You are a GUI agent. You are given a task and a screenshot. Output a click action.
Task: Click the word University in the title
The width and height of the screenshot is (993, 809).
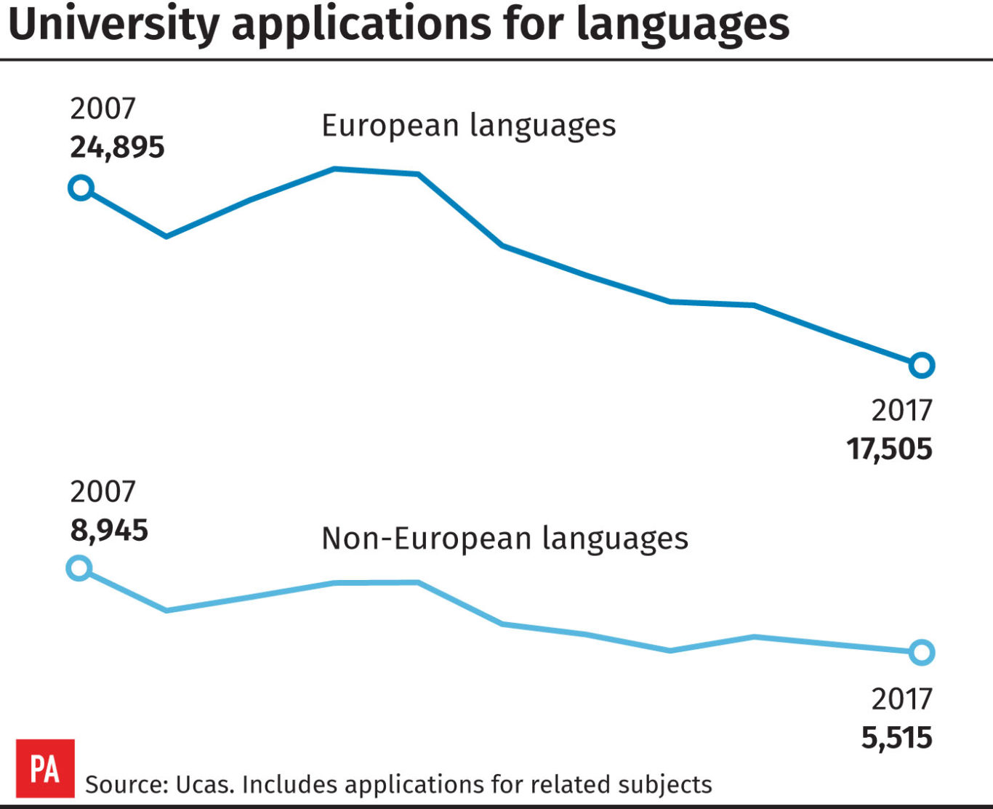click(x=113, y=24)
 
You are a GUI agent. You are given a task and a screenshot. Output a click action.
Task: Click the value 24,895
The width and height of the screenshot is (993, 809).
click(x=117, y=148)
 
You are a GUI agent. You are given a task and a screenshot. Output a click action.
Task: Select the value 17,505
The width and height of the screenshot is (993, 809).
click(x=888, y=449)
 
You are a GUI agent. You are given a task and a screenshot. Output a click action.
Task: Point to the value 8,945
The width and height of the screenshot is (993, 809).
click(x=109, y=531)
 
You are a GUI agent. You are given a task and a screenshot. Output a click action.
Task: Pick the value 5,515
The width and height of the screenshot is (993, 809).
click(x=896, y=738)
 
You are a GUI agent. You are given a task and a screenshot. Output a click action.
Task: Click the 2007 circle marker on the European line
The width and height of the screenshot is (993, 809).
click(x=81, y=188)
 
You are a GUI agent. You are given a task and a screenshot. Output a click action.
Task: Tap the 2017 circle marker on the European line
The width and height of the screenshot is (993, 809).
click(x=921, y=365)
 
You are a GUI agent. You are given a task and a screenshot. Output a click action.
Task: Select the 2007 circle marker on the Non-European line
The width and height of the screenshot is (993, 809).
click(x=79, y=568)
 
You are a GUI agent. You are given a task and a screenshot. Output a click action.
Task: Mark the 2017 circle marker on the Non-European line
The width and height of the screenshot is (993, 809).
click(x=921, y=653)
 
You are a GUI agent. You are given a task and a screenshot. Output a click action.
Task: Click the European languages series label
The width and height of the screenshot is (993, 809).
click(x=469, y=126)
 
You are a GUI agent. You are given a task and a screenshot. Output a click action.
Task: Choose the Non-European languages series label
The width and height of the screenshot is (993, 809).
click(x=504, y=539)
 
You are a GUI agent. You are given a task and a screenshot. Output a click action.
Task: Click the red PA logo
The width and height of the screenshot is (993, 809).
click(x=45, y=768)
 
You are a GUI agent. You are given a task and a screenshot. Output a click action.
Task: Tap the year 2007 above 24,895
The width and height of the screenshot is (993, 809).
click(x=102, y=109)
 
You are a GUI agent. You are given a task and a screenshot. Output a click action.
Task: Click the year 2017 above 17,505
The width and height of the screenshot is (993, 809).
click(x=901, y=411)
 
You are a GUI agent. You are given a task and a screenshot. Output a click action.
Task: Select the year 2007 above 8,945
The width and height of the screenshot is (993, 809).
click(x=102, y=492)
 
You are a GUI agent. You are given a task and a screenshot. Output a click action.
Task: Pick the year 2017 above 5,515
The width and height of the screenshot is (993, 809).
click(x=901, y=699)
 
